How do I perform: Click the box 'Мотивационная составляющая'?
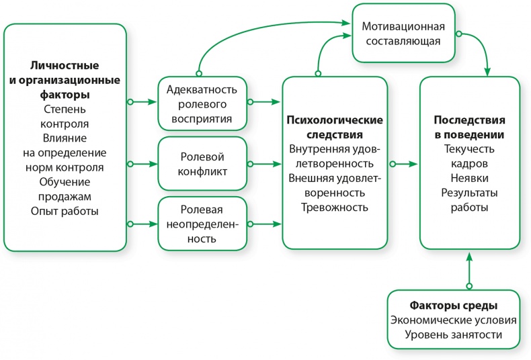[403, 34]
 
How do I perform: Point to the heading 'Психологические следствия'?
[335, 127]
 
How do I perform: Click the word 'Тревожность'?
[334, 208]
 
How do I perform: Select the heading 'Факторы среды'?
[455, 304]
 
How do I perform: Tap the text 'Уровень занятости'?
[455, 334]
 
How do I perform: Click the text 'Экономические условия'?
[455, 319]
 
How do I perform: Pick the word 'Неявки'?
[469, 178]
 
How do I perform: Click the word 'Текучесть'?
[469, 148]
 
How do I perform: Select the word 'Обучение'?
[65, 182]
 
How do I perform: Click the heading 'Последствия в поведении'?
[469, 126]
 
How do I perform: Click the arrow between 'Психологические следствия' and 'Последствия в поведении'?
[403, 163]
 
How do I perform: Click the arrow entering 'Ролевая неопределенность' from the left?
[142, 222]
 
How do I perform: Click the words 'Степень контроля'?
[65, 116]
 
